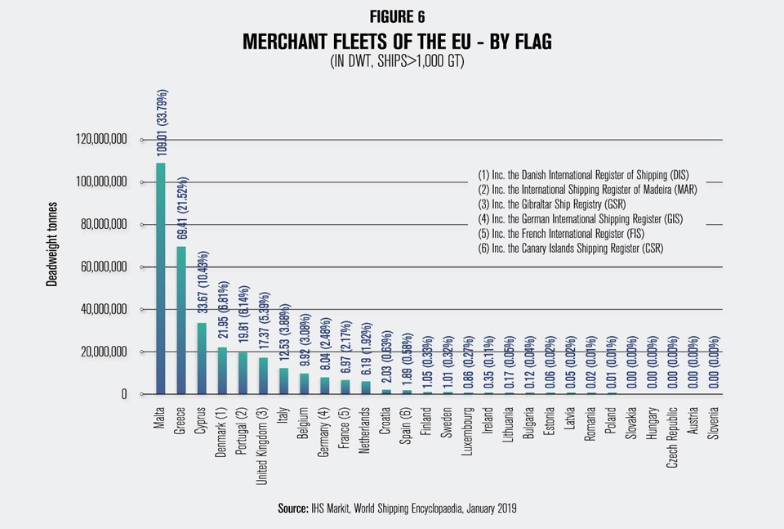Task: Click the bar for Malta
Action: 160,279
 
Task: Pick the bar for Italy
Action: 283,381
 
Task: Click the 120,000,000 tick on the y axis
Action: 100,140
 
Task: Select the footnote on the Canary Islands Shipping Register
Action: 581,248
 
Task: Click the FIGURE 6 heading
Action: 391,16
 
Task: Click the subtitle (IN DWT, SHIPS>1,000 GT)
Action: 391,61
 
